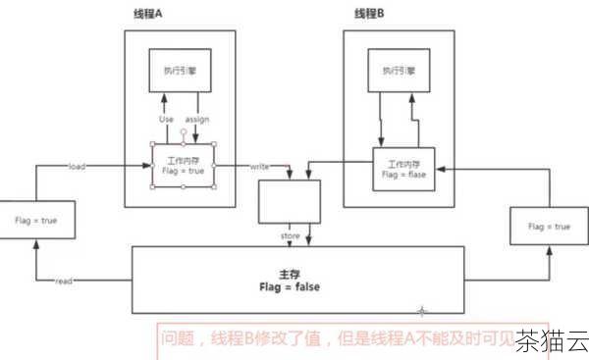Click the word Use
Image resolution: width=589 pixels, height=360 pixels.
click(x=166, y=120)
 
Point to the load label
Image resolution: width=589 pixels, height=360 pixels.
click(x=77, y=167)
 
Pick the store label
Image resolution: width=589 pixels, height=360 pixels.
click(x=290, y=235)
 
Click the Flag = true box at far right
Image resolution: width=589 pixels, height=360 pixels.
click(x=548, y=227)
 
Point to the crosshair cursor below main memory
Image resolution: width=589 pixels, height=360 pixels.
click(x=422, y=310)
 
